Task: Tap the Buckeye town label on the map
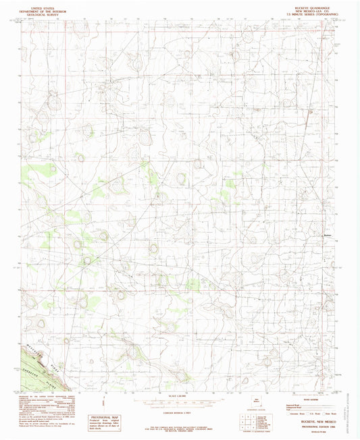[x=329, y=236]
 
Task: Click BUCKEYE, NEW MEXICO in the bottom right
[x=305, y=420]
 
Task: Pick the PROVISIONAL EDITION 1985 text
[x=305, y=424]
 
